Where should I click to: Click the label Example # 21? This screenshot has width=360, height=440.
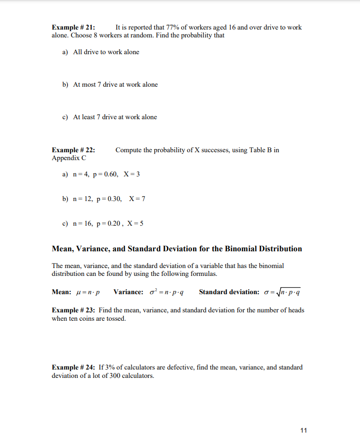point(73,27)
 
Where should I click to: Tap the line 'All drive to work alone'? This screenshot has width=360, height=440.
point(106,52)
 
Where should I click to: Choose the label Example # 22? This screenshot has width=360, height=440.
point(73,150)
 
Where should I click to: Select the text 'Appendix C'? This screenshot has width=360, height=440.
point(68,158)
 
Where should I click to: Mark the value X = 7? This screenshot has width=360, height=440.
point(137,199)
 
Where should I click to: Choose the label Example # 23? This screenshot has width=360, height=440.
point(73,310)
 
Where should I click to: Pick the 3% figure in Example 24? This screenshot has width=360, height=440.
point(111,367)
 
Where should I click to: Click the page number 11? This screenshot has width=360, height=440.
point(303,430)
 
